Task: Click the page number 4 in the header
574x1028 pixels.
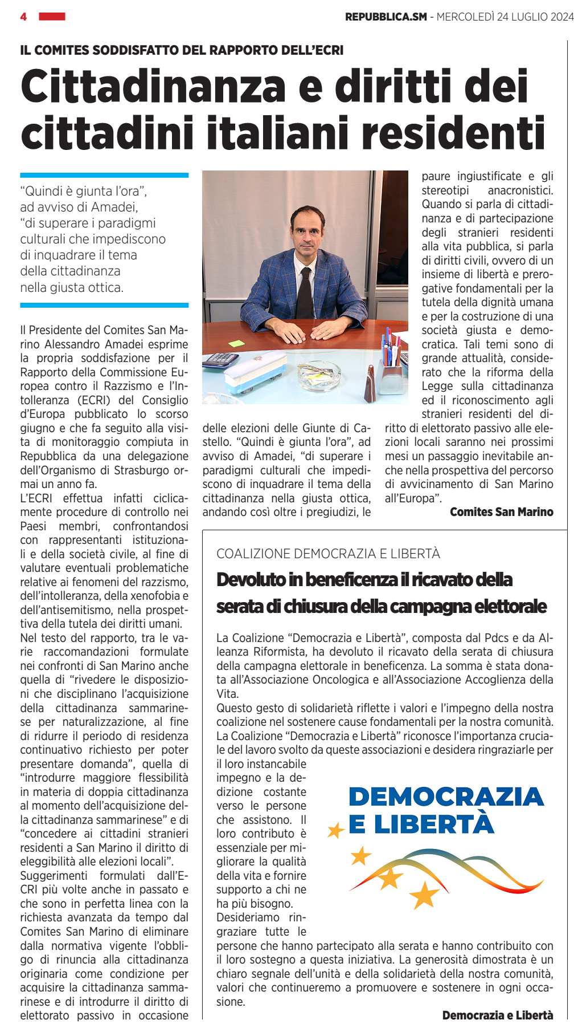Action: point(23,17)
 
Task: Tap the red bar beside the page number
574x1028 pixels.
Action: point(52,17)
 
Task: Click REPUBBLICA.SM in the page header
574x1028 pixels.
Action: point(386,17)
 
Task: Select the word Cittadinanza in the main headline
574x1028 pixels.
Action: point(153,87)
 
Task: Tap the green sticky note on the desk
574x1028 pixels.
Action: point(236,344)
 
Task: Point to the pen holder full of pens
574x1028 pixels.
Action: point(391,365)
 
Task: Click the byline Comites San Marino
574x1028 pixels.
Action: point(501,512)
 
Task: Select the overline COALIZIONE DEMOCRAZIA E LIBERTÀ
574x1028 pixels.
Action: point(328,554)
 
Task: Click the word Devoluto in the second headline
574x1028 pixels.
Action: point(251,580)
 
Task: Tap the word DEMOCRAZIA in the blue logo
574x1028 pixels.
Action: point(446,797)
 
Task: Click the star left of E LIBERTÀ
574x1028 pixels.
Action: point(336,830)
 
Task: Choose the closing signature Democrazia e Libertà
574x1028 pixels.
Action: point(497,1015)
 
